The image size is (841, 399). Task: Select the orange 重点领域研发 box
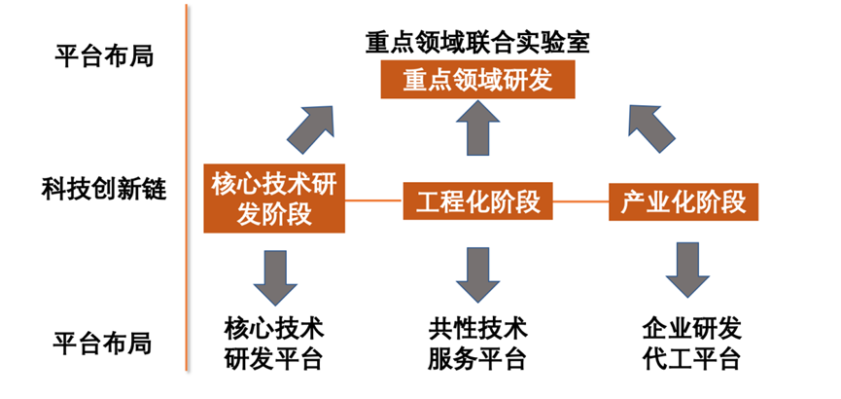[476, 80]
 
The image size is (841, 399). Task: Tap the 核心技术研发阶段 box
[274, 198]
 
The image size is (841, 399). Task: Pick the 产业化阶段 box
[683, 201]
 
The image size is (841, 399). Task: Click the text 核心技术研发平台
[273, 341]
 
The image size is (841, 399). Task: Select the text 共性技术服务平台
[476, 341]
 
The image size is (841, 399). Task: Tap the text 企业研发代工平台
[691, 341]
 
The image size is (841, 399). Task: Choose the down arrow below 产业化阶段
[687, 275]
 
